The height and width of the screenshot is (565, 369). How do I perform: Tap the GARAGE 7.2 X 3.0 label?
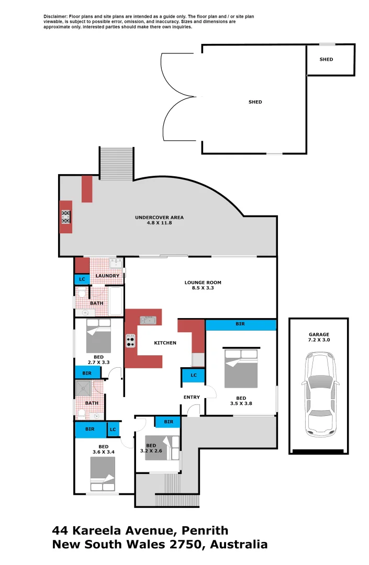[318, 337]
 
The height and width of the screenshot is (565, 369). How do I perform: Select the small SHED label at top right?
[326, 60]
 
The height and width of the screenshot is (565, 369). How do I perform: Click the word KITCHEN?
[165, 343]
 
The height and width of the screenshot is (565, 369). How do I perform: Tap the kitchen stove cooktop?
[130, 341]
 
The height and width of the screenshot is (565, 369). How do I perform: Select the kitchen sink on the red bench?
[146, 319]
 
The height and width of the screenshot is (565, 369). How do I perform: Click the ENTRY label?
[192, 397]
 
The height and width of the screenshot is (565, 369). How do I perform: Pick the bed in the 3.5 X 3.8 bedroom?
[241, 368]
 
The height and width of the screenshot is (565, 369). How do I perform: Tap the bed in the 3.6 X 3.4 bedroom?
[103, 474]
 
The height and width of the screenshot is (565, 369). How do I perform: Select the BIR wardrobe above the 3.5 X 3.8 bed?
[240, 324]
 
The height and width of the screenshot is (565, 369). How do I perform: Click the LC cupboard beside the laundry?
[82, 279]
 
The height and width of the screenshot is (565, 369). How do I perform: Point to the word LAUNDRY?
[107, 276]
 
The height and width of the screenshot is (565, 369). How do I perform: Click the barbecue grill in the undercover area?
[66, 217]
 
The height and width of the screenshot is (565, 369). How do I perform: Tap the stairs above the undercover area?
[116, 164]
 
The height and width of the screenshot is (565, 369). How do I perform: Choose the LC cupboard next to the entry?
[193, 375]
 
